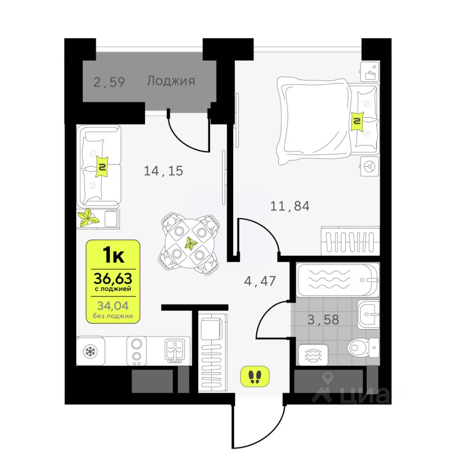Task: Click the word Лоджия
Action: [x=171, y=81]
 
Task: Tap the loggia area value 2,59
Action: [x=109, y=82]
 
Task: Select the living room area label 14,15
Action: [x=163, y=171]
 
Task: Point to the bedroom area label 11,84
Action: [x=290, y=206]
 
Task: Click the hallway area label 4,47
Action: [x=260, y=281]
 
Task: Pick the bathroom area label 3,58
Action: [x=323, y=320]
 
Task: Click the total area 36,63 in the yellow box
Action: [x=113, y=278]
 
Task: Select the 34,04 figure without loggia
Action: [x=113, y=305]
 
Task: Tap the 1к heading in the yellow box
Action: [x=113, y=255]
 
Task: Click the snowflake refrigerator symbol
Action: [x=90, y=352]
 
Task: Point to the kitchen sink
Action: [x=174, y=351]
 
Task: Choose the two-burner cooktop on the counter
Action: [x=136, y=351]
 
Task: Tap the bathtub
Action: [x=338, y=280]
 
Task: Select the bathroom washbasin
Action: [x=368, y=314]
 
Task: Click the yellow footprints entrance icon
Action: [x=255, y=376]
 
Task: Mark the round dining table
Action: [x=190, y=243]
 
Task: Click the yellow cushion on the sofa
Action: [x=102, y=167]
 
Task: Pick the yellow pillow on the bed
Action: [x=357, y=121]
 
